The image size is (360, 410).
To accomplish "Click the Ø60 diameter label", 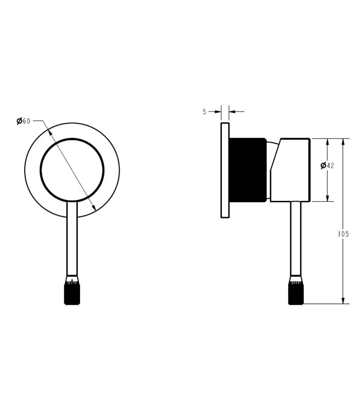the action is (23, 121).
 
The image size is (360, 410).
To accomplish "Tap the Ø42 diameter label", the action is (327, 165).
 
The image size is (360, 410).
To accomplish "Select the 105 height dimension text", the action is (343, 234).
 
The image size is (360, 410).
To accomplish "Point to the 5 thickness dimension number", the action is (204, 112).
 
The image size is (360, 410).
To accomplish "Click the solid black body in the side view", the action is (247, 170).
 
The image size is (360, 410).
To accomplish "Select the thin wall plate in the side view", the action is (225, 170).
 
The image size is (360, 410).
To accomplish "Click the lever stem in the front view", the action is (72, 238).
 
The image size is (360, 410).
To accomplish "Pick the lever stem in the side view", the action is (296, 238).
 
